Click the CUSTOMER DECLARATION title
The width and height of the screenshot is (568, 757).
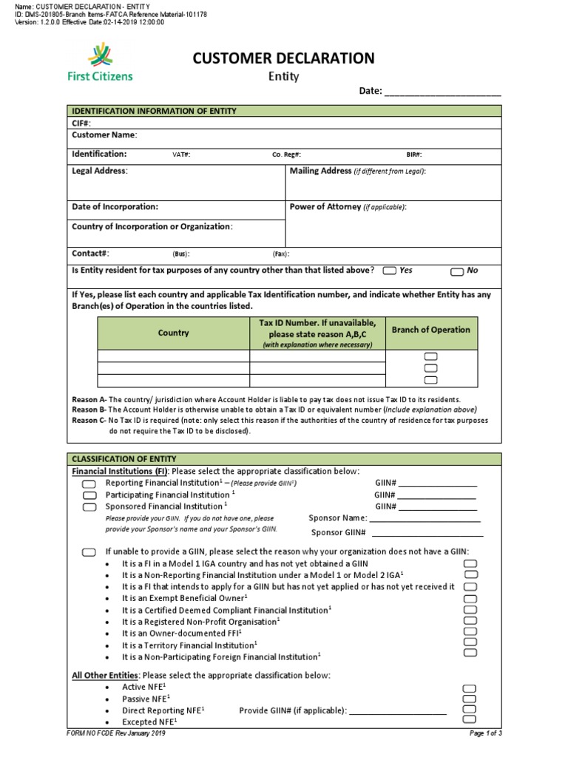point(283,58)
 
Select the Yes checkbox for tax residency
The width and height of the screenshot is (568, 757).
point(390,271)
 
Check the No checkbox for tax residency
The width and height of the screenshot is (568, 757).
point(457,271)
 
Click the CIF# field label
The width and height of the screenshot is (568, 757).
point(81,123)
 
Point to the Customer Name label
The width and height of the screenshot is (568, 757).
point(104,135)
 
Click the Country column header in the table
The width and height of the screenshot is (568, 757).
point(173,333)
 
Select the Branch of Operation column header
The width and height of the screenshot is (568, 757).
point(430,330)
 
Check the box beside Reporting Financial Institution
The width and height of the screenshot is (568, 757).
point(89,483)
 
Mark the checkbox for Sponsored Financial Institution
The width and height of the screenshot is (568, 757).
point(89,507)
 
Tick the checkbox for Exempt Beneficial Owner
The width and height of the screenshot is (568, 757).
point(470,598)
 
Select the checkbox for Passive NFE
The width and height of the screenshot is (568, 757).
point(470,699)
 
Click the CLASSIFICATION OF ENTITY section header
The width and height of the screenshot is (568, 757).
point(124,459)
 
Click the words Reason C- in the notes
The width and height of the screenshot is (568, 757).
point(89,421)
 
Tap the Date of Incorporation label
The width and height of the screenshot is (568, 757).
point(115,207)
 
